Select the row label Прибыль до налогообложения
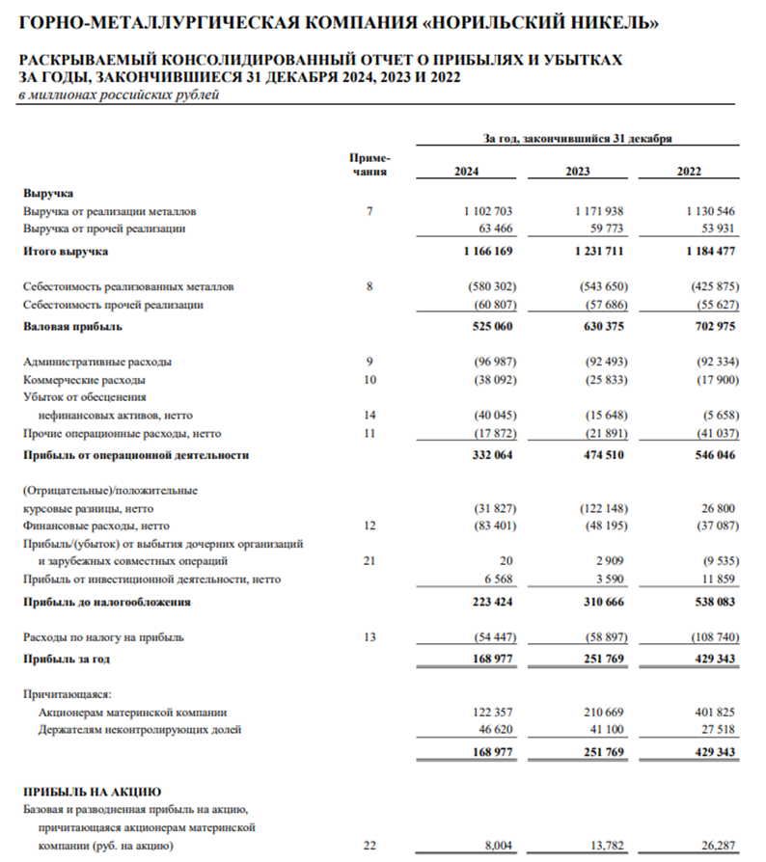pos(106,602)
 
